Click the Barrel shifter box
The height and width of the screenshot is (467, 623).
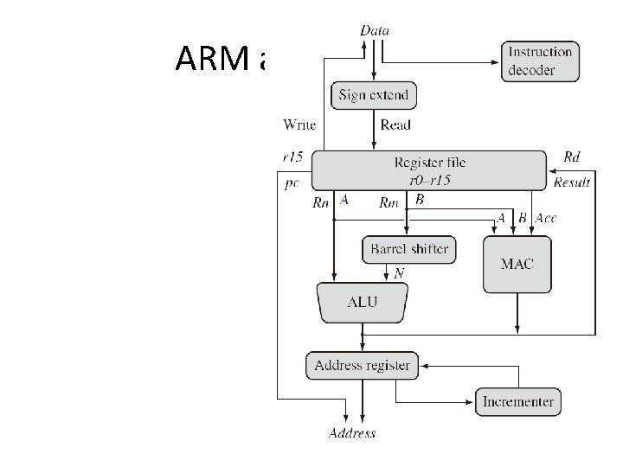pos(409,250)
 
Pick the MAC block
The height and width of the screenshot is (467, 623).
pos(517,263)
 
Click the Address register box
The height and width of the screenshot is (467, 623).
pos(362,366)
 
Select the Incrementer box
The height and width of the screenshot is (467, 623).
pos(518,402)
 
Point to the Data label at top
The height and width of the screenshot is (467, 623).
pos(374,31)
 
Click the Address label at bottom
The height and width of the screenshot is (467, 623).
pos(352,433)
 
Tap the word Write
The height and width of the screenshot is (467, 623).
pos(299,125)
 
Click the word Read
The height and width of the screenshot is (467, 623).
pos(395,125)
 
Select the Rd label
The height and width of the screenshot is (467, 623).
pos(572,157)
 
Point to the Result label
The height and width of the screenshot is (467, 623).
pos(572,182)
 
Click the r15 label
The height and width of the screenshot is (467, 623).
pos(292,157)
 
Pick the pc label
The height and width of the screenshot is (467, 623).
pos(292,183)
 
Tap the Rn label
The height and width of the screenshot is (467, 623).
pos(320,204)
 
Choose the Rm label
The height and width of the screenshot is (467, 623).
pos(389,204)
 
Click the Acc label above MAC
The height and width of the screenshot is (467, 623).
pos(546,218)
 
